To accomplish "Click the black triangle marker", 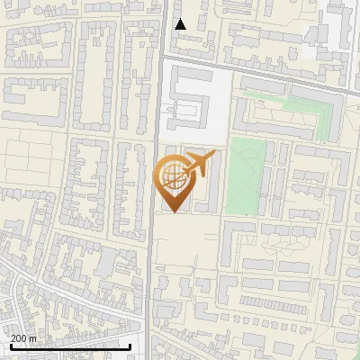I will coord(180,24).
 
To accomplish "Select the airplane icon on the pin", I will coord(199,164).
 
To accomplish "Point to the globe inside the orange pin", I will coord(172,177).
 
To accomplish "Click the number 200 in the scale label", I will coord(20,338).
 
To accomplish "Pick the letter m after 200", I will coord(32,338).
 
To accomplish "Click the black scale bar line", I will coord(67,346).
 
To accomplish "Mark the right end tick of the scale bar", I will coord(130,346).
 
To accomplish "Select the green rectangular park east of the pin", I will coord(246,175).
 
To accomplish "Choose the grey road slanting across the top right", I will coord(270,77).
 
